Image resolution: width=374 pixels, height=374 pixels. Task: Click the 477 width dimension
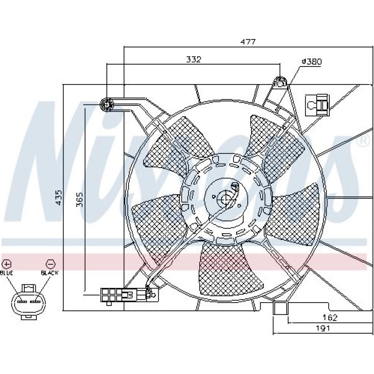click(x=248, y=42)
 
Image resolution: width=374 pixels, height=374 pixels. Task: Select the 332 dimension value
click(x=193, y=59)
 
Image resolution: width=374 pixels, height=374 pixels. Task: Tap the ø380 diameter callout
click(x=312, y=62)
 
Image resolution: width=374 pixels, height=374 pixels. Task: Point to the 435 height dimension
click(x=58, y=198)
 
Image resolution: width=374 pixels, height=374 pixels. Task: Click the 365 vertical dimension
click(x=80, y=200)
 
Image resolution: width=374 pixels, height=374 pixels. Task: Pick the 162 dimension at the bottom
click(x=330, y=318)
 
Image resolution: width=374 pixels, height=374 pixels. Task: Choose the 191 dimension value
click(x=323, y=328)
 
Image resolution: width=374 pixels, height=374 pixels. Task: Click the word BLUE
click(x=6, y=273)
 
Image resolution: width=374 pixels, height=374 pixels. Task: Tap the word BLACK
click(x=50, y=272)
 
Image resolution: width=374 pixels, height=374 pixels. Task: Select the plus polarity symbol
click(x=7, y=264)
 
